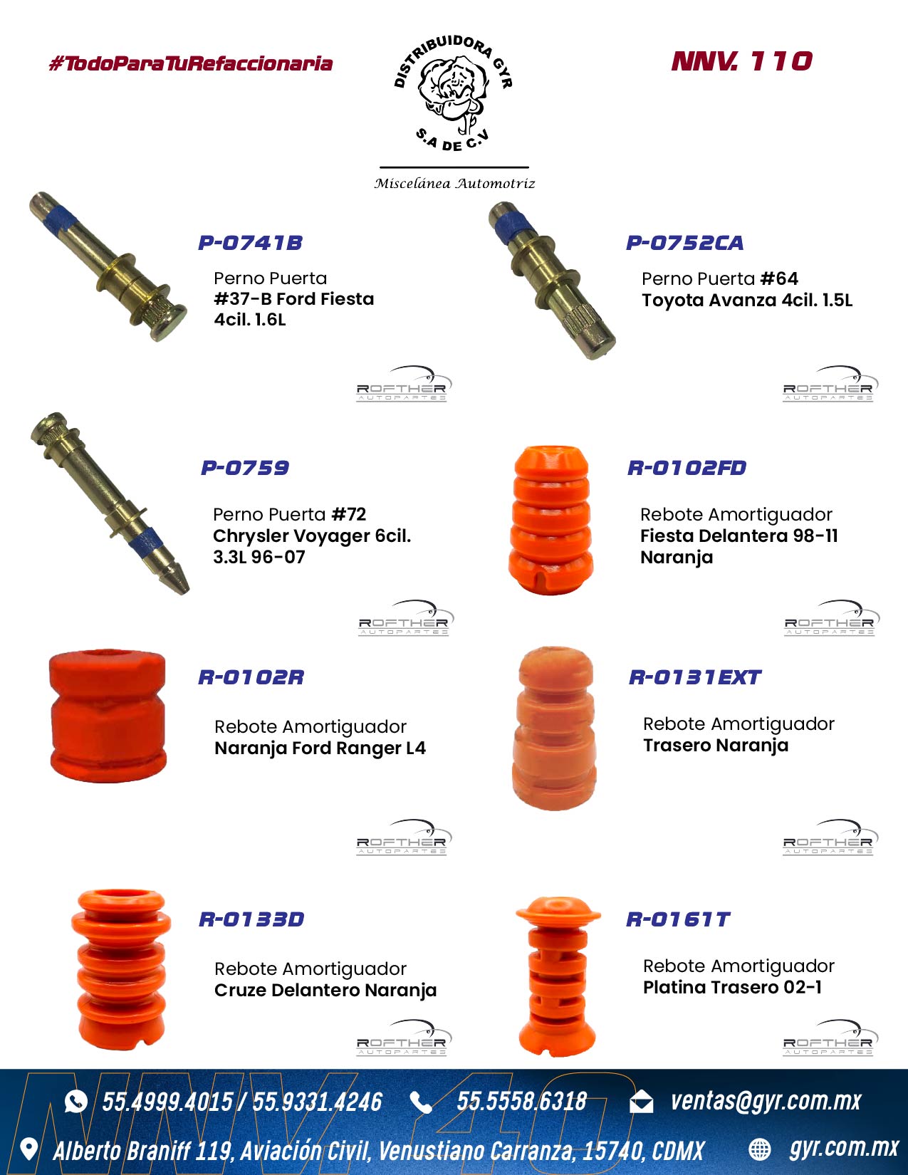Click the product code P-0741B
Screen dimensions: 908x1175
pos(250,243)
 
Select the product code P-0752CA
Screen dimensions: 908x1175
pos(684,243)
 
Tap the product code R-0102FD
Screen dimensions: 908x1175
pos(687,468)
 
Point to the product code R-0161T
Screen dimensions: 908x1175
pos(678,919)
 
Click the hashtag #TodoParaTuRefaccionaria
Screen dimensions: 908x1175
pos(190,63)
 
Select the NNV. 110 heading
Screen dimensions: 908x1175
pos(742,61)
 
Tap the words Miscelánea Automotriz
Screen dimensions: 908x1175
pos(454,183)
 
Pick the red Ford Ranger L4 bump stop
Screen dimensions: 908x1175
pos(108,715)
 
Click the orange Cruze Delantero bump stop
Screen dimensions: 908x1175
pos(121,969)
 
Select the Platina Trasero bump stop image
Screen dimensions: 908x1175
pos(558,975)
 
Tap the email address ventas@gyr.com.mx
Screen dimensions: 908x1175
pos(766,1101)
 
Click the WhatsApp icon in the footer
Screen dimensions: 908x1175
pos(75,1102)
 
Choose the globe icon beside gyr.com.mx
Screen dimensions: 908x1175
pos(760,1149)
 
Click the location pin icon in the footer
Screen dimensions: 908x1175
pos(28,1149)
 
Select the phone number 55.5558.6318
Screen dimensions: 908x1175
pos(521,1102)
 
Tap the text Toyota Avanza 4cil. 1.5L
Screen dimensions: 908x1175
pos(747,300)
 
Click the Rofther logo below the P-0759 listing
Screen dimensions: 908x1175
pos(406,618)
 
